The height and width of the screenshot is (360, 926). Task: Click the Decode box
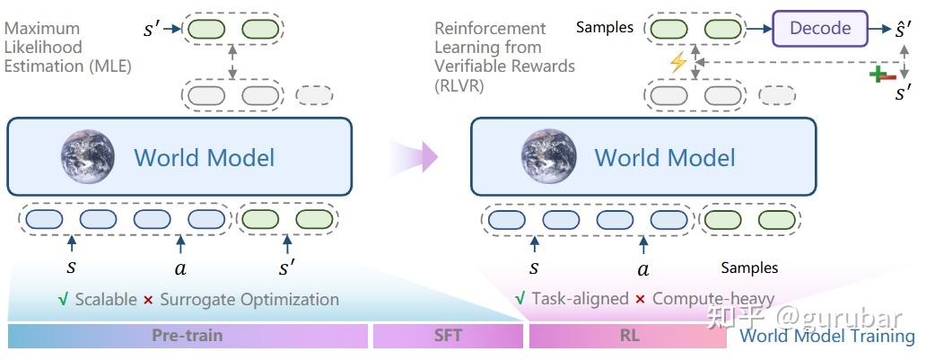coord(819,29)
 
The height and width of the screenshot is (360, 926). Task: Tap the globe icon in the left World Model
coord(88,157)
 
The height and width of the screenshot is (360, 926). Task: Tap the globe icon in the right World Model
coord(548,157)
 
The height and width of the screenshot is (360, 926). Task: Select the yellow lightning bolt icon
coord(678,63)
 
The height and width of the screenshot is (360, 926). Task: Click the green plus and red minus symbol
coord(883,74)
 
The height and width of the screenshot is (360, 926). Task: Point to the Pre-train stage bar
coord(187,336)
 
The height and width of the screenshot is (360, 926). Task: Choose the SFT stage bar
coord(448,336)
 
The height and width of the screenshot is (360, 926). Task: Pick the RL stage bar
coord(627,336)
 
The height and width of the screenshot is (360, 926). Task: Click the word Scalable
coord(105,299)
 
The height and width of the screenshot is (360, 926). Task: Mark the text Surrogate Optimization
coord(249,299)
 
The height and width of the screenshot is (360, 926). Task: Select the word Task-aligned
coord(580,298)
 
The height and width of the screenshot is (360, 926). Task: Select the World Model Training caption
coord(826,337)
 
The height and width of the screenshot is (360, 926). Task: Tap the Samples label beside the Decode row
coord(604,28)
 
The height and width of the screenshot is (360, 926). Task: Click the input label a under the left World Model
coord(180,268)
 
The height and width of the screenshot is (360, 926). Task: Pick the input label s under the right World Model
coord(534,268)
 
